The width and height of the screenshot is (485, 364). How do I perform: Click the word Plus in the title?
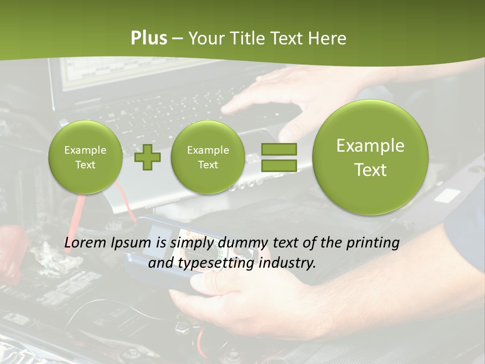pos(149,38)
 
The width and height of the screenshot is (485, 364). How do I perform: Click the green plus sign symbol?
pos(148,157)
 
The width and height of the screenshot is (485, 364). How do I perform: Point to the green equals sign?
pos(278,157)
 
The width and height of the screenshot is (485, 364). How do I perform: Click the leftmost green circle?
pos(85,157)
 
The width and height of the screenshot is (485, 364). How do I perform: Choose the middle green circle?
pos(208,157)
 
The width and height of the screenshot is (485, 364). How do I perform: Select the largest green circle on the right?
pos(370,157)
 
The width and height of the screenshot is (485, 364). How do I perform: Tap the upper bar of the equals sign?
pos(278,149)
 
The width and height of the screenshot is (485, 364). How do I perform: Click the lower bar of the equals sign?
pos(278,165)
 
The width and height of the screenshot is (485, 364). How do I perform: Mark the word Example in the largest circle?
pos(370,146)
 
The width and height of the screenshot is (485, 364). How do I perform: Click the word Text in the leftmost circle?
pos(85,165)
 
